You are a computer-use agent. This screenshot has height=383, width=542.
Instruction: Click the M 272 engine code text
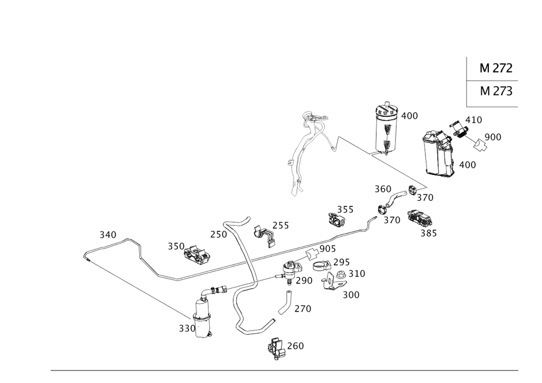click(496, 68)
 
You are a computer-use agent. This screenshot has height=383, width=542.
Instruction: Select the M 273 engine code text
click(496, 91)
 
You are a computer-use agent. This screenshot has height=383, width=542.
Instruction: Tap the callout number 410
click(474, 120)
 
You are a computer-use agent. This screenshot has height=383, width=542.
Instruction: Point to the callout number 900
click(493, 137)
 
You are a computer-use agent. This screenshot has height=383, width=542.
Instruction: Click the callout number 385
click(429, 233)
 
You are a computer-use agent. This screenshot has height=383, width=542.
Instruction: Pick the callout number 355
click(345, 210)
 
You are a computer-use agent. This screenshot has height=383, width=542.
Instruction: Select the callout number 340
click(108, 235)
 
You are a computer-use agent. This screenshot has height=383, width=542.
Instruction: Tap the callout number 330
click(187, 328)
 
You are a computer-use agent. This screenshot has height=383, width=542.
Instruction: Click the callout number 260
click(295, 346)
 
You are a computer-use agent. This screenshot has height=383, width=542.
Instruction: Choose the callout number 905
click(328, 249)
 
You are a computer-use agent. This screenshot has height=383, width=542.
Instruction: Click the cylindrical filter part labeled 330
click(203, 319)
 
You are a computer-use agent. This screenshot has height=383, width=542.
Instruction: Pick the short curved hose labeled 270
click(285, 303)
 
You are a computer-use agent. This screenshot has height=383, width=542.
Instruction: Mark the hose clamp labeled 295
click(322, 265)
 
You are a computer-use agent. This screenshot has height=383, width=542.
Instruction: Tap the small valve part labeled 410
click(459, 130)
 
